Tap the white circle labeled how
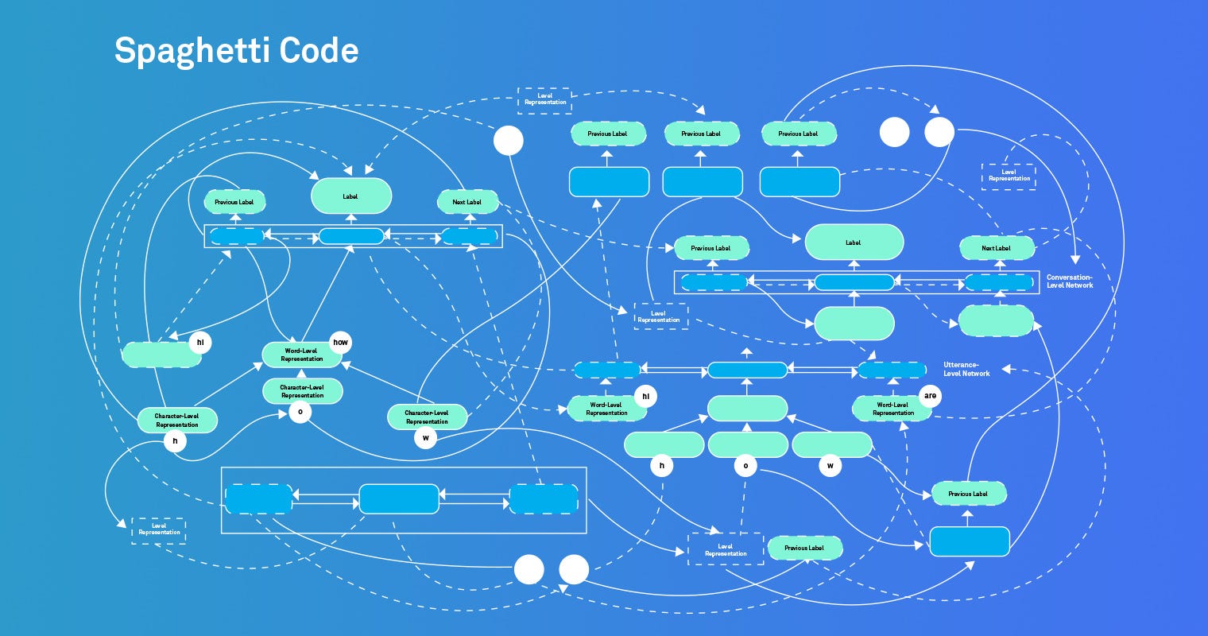[340, 343]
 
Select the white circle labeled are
[930, 395]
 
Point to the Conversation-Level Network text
[1069, 281]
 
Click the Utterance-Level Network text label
[966, 369]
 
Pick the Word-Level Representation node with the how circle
[302, 355]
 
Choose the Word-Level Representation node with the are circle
[892, 409]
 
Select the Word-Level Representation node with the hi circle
[606, 409]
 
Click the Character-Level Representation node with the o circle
[302, 391]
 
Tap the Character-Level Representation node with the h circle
[176, 420]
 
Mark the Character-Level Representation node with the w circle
[426, 417]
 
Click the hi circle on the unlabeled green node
[200, 343]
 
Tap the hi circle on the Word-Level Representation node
[645, 395]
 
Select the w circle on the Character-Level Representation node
[426, 438]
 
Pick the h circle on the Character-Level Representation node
[175, 440]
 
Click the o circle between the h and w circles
[745, 466]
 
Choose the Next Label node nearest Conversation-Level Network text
[997, 248]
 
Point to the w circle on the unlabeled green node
[830, 466]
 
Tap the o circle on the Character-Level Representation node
[300, 412]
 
